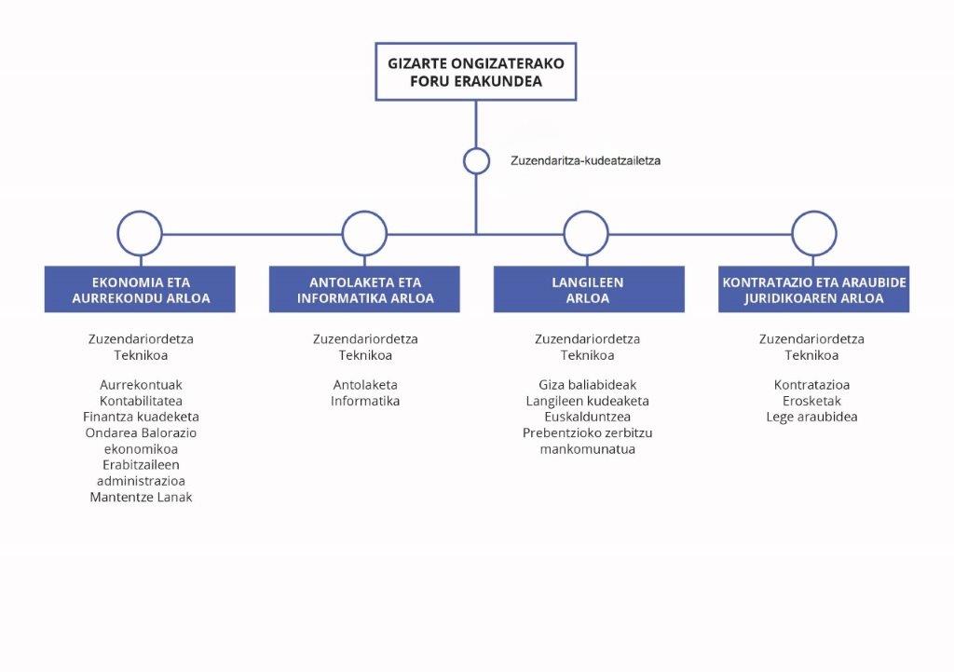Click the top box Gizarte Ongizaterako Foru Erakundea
click(476, 72)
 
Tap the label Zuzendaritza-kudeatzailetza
click(585, 160)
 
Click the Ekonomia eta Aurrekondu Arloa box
click(140, 289)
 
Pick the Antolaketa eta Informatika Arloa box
click(364, 289)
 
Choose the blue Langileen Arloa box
click(589, 289)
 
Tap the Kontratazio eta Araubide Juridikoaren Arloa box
click(814, 289)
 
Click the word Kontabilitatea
click(142, 401)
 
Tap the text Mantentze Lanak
click(142, 498)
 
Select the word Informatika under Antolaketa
click(365, 401)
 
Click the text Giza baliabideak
click(588, 385)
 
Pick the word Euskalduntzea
click(588, 417)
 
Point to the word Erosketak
click(811, 401)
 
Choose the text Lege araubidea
click(811, 417)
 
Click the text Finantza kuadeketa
click(142, 417)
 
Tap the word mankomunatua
click(588, 449)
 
